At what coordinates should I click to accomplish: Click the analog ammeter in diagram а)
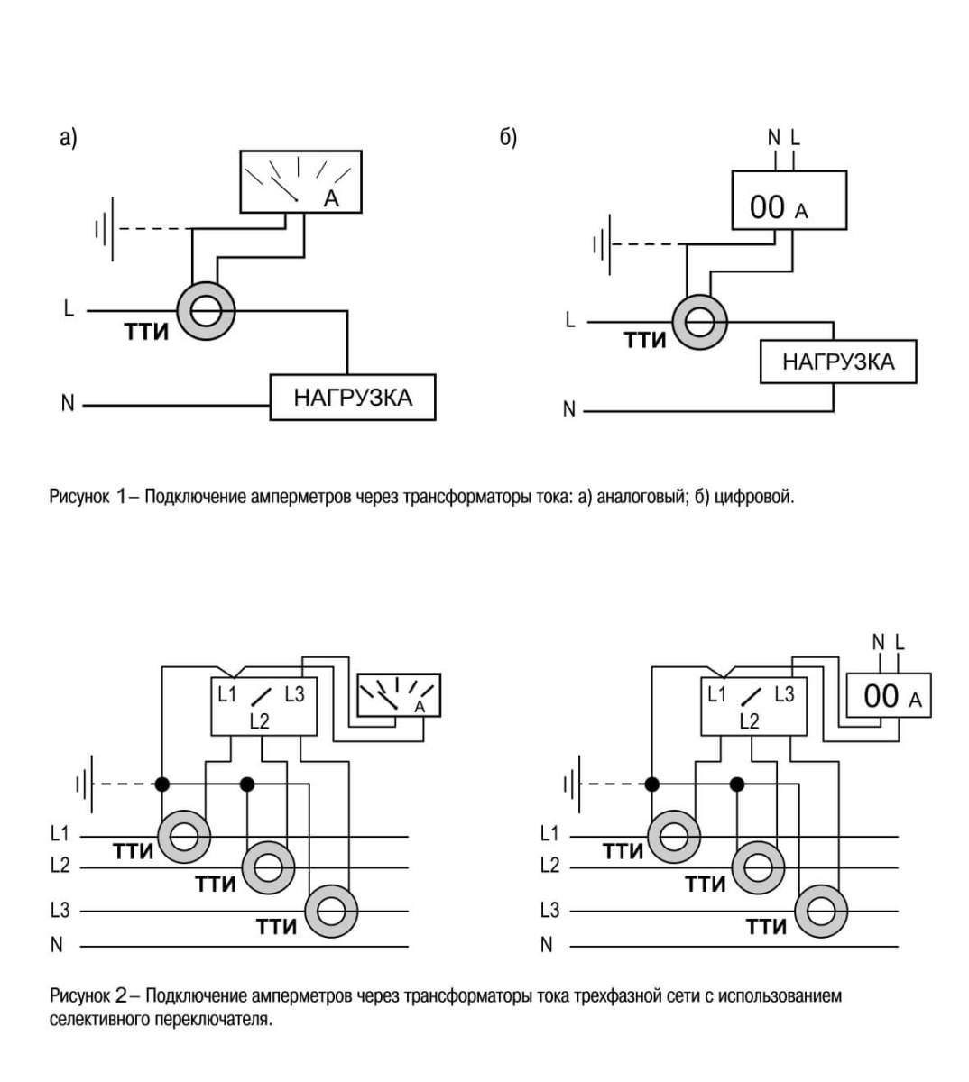click(301, 181)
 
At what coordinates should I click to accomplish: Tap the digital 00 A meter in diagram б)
click(789, 200)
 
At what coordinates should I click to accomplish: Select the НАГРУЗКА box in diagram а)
click(353, 398)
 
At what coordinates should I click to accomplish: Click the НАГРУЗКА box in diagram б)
click(838, 362)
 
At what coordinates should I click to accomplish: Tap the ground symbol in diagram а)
click(105, 229)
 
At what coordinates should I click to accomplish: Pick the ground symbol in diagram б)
click(603, 245)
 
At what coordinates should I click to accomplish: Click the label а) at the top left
click(69, 138)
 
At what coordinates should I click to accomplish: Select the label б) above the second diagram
click(508, 138)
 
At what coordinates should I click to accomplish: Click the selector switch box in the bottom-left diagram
click(264, 706)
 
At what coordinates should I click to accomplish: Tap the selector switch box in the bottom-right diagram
click(753, 706)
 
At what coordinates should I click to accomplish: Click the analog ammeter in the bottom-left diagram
click(399, 695)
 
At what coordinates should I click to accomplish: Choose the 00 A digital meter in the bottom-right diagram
click(889, 695)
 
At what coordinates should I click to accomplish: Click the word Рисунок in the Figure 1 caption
click(79, 497)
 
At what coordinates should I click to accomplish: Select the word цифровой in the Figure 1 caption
click(754, 497)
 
